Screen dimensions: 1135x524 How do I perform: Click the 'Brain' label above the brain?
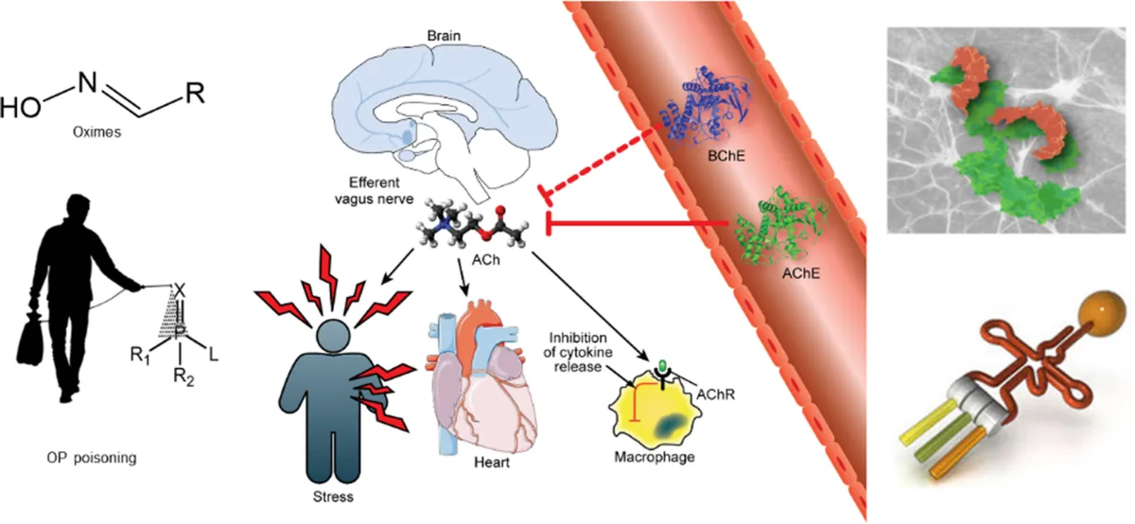pos(444,36)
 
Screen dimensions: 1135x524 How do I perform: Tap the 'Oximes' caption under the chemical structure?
pos(96,132)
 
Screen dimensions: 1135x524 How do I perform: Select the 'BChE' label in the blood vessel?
pos(726,156)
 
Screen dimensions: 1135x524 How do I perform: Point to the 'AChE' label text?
pos(800,273)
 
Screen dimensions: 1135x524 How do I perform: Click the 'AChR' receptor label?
pos(715,394)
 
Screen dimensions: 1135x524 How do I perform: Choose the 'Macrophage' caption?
pos(655,457)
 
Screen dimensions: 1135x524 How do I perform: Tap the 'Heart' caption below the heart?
pos(492,463)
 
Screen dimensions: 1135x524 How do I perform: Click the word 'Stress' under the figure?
pos(333,497)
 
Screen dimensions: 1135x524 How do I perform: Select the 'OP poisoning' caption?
pos(92,458)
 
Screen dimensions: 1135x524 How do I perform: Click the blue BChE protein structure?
pos(707,108)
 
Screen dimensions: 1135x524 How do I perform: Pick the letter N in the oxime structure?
pos(87,82)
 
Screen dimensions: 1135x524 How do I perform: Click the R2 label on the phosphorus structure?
pos(183,377)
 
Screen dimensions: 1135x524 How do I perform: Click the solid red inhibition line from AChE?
pos(637,223)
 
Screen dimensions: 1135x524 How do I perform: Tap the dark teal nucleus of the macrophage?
pos(670,426)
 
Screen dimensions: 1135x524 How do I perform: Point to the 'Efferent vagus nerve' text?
pos(375,190)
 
